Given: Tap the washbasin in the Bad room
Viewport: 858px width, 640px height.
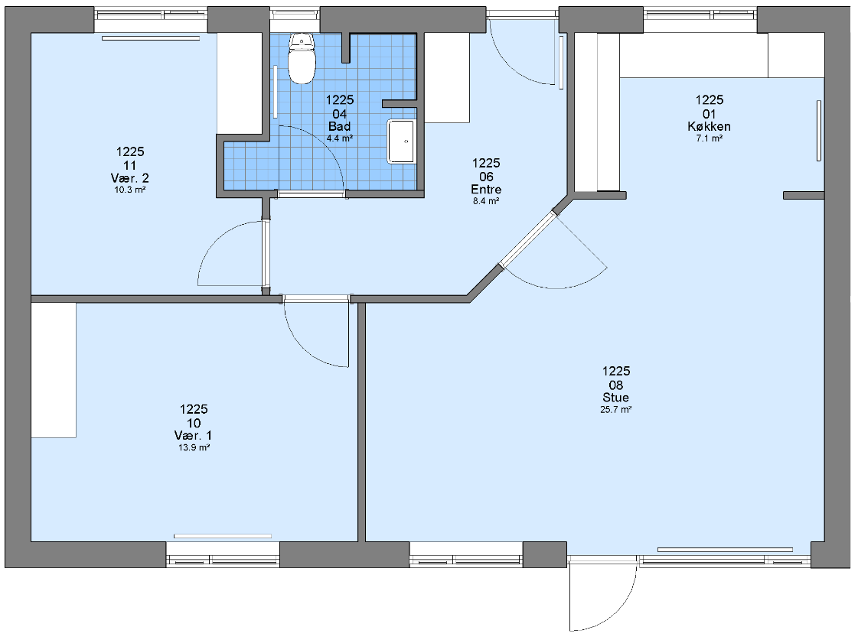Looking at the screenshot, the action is click(402, 141).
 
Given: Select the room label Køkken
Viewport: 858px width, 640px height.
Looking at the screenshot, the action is click(710, 126).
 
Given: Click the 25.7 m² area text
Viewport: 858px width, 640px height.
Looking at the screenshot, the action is click(616, 409).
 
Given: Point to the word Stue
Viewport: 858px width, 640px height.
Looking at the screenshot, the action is click(616, 398).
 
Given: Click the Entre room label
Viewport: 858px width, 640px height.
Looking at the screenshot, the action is click(486, 189).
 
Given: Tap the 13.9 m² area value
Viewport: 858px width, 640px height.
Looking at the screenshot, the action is click(194, 447).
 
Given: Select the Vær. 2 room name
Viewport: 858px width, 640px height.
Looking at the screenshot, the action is click(129, 178).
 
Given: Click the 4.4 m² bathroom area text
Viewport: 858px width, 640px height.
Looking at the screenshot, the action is click(340, 138).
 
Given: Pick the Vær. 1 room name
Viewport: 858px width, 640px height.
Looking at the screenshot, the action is click(193, 436).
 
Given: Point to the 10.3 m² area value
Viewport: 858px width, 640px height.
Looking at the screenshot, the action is click(129, 190).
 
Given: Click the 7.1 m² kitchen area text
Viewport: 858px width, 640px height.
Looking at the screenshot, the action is click(710, 138).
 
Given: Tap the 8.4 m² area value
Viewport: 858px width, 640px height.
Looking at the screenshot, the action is click(486, 201).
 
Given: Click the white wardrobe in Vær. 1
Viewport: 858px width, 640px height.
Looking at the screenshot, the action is click(53, 370).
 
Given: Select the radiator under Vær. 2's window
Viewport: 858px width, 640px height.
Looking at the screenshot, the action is click(151, 37).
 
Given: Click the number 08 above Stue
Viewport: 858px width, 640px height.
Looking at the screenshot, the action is click(616, 385).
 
